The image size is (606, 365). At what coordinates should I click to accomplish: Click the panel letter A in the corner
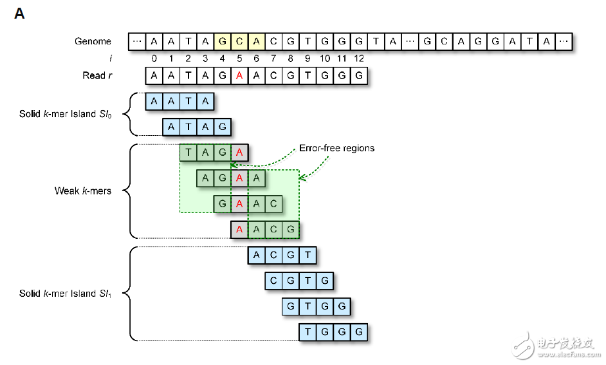[x=19, y=14]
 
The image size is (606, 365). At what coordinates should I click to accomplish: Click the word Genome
[x=93, y=42]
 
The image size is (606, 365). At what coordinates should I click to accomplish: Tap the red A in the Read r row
[x=239, y=76]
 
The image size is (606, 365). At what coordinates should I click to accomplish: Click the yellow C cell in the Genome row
[x=239, y=42]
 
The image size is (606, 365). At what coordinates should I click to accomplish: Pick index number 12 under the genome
[x=358, y=59]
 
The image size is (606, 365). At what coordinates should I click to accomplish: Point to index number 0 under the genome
[x=154, y=59]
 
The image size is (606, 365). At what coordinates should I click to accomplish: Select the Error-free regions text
[x=336, y=149]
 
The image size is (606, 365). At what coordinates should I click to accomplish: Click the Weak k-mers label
[x=83, y=191]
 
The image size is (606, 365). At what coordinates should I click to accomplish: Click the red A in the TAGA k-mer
[x=239, y=153]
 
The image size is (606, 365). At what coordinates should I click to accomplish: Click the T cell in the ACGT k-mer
[x=308, y=256]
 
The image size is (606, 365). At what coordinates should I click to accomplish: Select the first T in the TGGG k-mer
[x=308, y=332]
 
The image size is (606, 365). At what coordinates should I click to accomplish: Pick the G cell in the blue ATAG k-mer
[x=222, y=127]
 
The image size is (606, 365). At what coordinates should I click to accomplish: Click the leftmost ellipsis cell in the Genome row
[x=136, y=42]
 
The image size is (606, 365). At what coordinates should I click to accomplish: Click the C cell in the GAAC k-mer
[x=273, y=204]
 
